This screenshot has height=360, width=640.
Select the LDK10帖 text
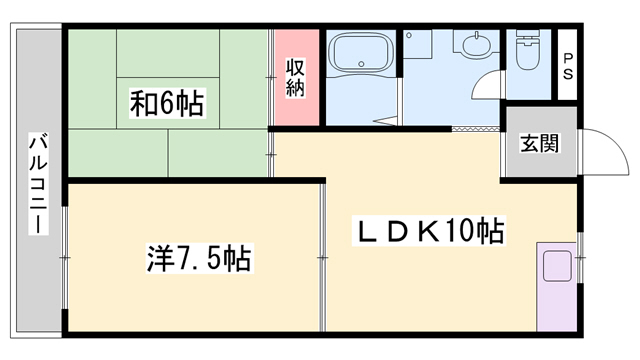431,233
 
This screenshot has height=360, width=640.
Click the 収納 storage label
295,78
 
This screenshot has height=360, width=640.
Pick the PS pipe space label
567,67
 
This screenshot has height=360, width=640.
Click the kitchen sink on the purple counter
555,267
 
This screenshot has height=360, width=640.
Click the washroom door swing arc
488,89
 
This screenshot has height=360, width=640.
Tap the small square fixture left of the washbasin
417,44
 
